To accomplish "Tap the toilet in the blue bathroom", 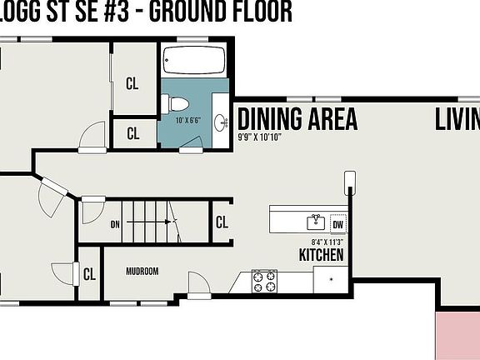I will pos(176,103).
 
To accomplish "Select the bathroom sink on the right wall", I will pos(222,122).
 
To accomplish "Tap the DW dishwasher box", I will pos(337,223).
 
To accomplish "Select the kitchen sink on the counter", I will pos(316,222).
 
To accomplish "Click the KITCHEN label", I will pos(322,255).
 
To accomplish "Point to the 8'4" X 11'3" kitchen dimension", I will pos(327,242).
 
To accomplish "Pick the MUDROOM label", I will pos(142,272).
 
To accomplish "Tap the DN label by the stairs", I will pos(116,223).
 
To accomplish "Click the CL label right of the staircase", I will pos(222,222).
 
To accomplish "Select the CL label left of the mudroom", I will pos(89,274).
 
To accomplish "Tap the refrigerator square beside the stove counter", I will pos(331,279).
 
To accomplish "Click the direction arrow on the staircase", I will pos(170,222).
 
